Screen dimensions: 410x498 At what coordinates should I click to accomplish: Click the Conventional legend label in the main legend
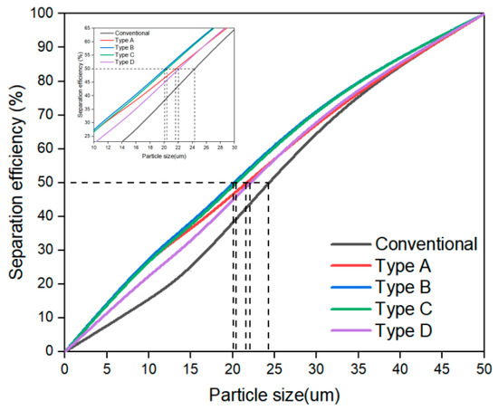pyautogui.click(x=426, y=244)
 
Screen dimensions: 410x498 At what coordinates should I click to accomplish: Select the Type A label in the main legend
pyautogui.click(x=404, y=266)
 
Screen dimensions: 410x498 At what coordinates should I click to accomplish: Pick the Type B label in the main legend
pyautogui.click(x=404, y=288)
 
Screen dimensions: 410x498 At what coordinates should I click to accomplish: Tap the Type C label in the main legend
pyautogui.click(x=404, y=310)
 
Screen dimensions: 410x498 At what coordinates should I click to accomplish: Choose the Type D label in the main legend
pyautogui.click(x=404, y=331)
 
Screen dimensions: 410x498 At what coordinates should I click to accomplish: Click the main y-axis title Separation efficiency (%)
pyautogui.click(x=14, y=181)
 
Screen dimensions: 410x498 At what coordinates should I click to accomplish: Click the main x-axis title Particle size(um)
pyautogui.click(x=273, y=396)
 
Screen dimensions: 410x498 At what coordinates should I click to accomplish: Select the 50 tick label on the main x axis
pyautogui.click(x=484, y=368)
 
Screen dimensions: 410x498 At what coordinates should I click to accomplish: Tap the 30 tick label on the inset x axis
pyautogui.click(x=235, y=148)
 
